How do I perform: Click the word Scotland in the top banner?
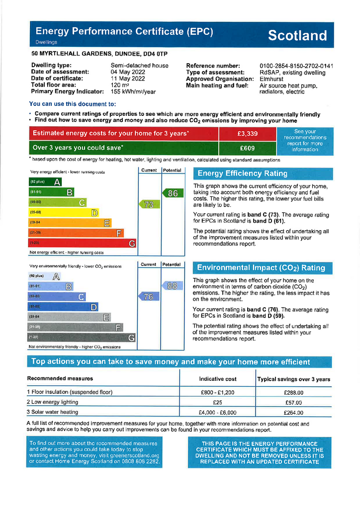tap(297, 36)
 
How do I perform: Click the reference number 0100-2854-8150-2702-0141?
tap(296, 66)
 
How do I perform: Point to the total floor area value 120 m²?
tap(120, 85)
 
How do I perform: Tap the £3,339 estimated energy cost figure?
tap(247, 134)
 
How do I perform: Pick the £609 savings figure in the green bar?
tap(247, 148)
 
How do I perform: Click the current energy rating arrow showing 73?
tap(149, 204)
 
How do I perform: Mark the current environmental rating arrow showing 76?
tap(148, 297)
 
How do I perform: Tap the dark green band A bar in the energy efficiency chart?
tap(46, 182)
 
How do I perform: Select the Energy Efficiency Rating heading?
tap(243, 173)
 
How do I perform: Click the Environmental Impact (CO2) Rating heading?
tap(261, 268)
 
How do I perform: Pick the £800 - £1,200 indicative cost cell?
tap(217, 393)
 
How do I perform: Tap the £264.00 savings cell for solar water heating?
tap(293, 413)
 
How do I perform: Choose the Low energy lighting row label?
tap(53, 402)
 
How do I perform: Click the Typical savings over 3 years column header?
tap(293, 379)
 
